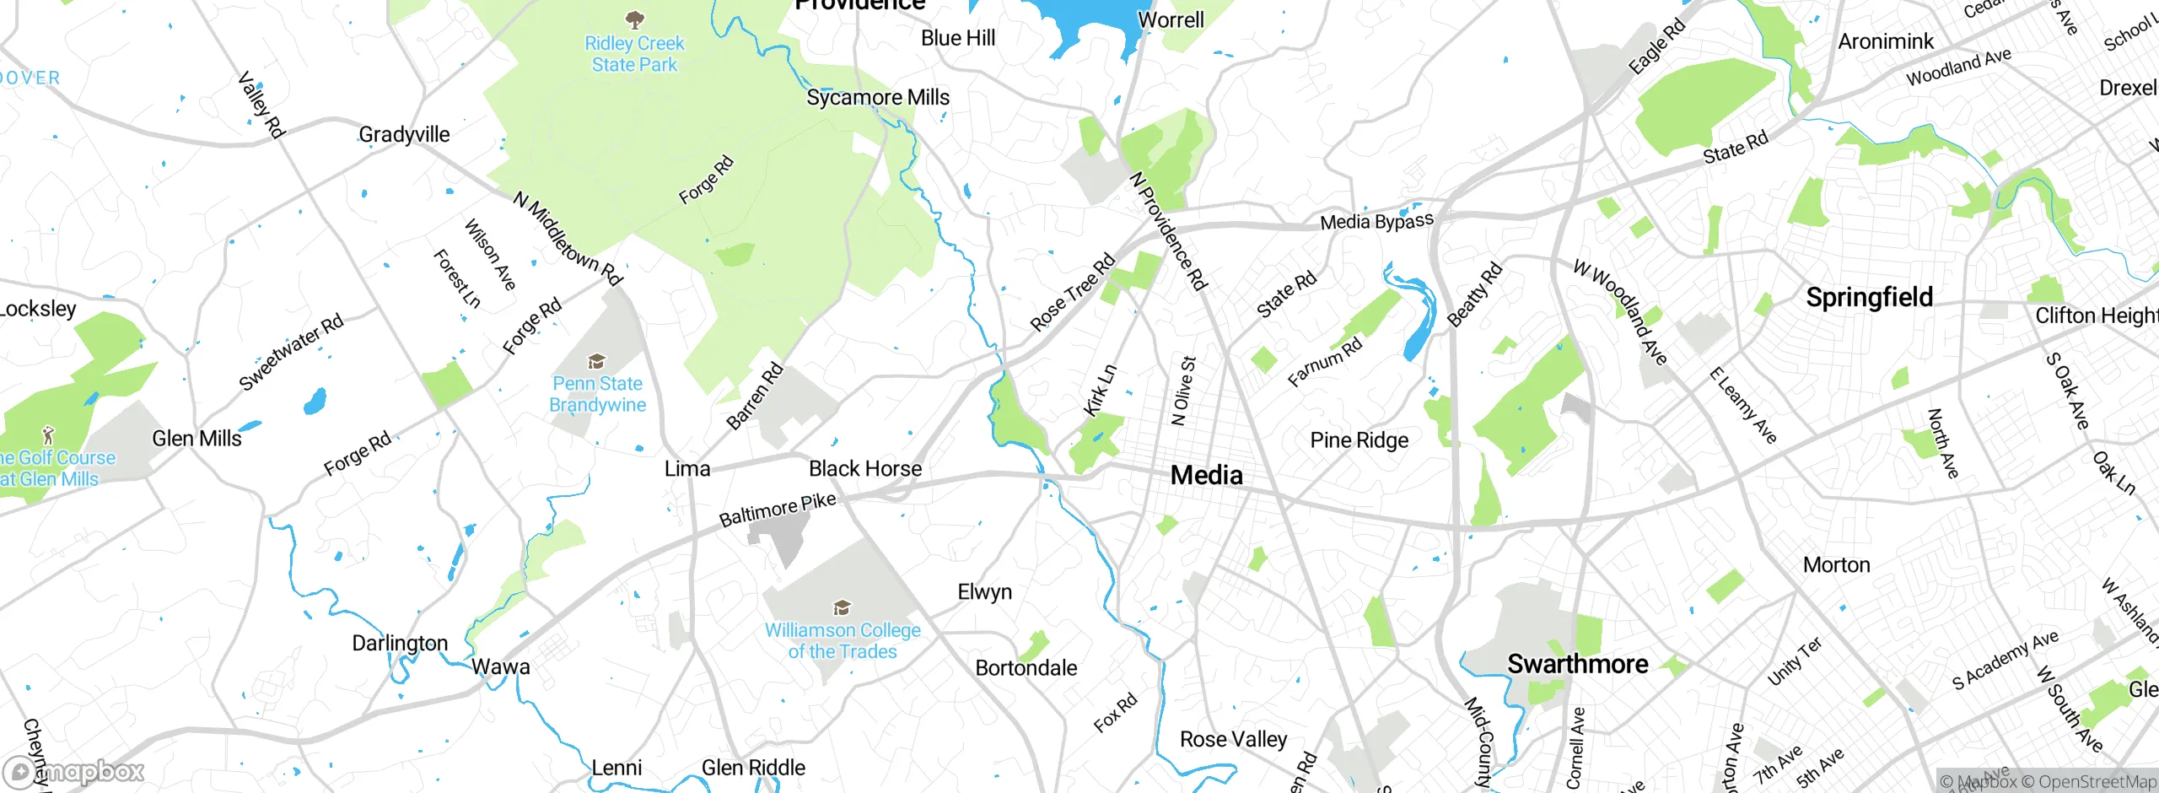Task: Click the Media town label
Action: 1206,475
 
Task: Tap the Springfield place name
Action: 1869,297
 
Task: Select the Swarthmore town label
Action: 1577,664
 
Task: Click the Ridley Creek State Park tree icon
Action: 635,19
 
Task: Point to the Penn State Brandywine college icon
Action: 597,362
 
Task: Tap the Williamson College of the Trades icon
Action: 841,607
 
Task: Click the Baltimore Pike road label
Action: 777,510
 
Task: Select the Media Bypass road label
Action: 1376,221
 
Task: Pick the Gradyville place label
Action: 404,134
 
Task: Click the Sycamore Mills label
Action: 878,97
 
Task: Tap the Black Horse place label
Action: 865,468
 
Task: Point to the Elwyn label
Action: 984,591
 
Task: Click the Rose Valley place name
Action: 1233,739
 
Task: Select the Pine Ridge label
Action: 1359,440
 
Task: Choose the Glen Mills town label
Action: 197,438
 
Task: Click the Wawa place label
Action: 500,666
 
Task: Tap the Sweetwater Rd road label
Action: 291,351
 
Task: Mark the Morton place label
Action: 1836,564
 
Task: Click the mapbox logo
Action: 74,771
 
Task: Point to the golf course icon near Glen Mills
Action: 48,435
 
